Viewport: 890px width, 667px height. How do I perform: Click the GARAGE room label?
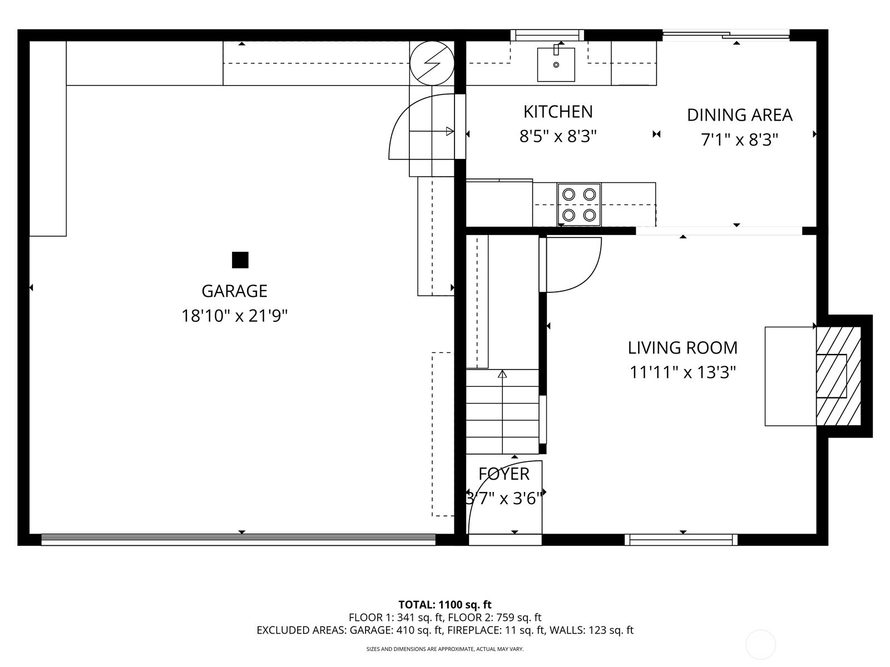coord(234,291)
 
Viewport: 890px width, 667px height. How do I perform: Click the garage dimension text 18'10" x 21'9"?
coord(234,316)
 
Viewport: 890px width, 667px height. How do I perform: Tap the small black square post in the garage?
coord(240,260)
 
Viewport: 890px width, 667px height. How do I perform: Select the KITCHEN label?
coord(558,112)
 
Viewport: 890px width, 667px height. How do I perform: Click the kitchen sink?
coord(556,64)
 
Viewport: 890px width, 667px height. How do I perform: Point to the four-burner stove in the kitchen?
coord(579,205)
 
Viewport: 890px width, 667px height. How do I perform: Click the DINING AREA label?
coord(739,115)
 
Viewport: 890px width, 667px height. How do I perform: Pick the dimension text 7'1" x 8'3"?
coord(739,140)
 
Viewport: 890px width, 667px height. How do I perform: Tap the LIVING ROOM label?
coord(683,348)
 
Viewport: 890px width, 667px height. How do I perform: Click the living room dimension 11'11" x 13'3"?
coord(683,372)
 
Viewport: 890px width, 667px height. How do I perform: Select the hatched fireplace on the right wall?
coord(838,376)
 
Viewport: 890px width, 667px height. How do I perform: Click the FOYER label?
coord(504,474)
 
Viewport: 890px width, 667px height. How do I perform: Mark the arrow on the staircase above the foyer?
coord(502,375)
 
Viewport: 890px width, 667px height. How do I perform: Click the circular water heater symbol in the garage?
coord(432,63)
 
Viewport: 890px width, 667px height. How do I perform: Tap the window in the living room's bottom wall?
coord(681,539)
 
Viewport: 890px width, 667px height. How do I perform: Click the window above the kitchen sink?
coord(547,36)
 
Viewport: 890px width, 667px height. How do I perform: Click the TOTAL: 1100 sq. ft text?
coord(445,605)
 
